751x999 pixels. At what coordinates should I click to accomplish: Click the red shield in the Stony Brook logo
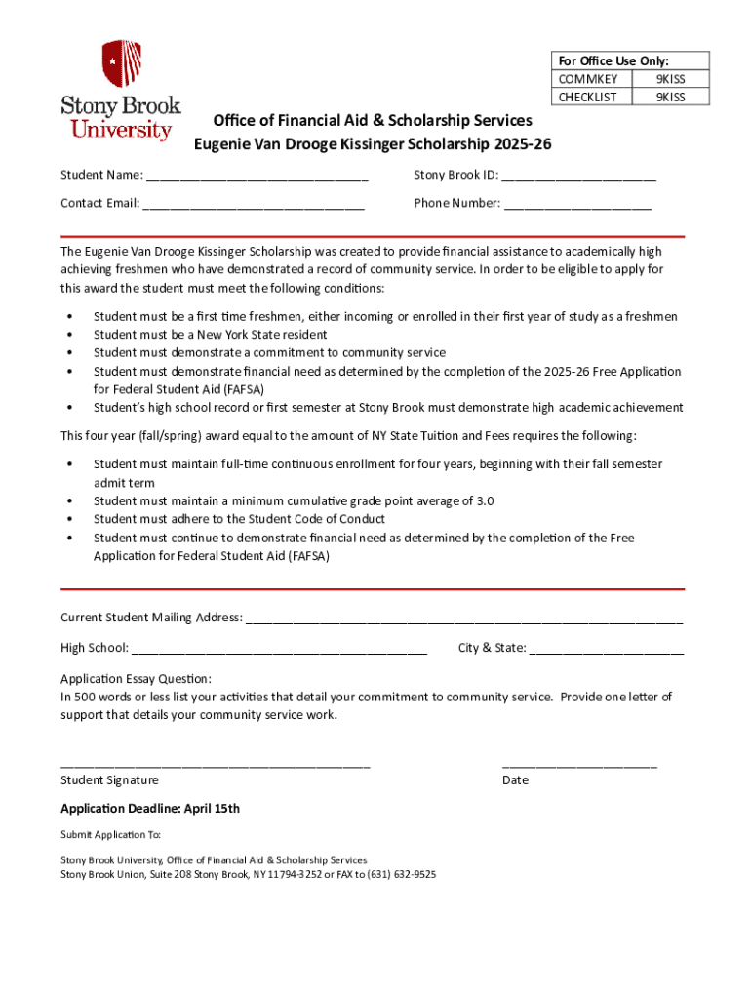pyautogui.click(x=122, y=64)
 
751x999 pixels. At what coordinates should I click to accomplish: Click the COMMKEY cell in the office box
pyautogui.click(x=587, y=79)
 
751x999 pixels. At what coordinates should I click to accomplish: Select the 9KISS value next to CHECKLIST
pyautogui.click(x=670, y=97)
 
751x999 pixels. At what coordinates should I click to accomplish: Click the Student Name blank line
pyautogui.click(x=257, y=178)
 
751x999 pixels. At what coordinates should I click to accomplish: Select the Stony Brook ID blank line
pyautogui.click(x=579, y=178)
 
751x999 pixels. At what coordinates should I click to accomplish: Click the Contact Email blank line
pyautogui.click(x=254, y=206)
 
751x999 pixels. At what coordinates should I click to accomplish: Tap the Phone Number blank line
pyautogui.click(x=577, y=206)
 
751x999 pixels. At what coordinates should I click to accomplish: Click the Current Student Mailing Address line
pyautogui.click(x=464, y=619)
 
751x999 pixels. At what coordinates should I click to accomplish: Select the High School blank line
pyautogui.click(x=279, y=650)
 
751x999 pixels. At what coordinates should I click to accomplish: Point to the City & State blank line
pyautogui.click(x=607, y=650)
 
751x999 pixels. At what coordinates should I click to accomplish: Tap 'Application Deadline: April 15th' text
pyautogui.click(x=150, y=809)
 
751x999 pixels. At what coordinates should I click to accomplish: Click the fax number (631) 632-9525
pyautogui.click(x=402, y=875)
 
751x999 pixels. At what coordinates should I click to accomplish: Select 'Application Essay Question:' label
pyautogui.click(x=136, y=679)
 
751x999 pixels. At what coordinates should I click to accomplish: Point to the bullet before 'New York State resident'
pyautogui.click(x=69, y=335)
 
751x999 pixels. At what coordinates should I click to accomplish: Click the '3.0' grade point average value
pyautogui.click(x=484, y=501)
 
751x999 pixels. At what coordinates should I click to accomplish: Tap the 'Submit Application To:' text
pyautogui.click(x=110, y=835)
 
